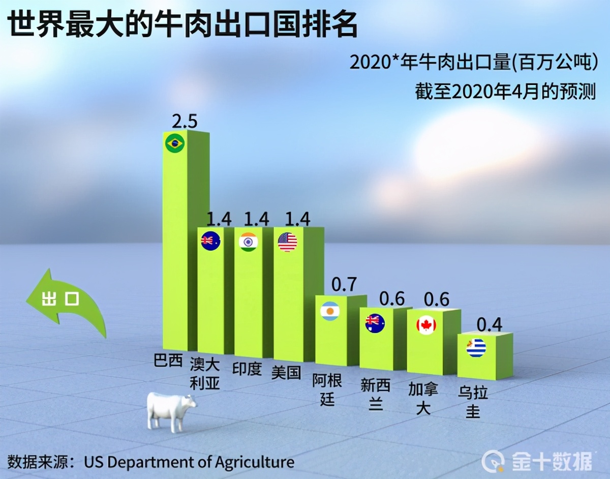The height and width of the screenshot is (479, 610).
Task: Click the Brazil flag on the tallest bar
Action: tap(175, 143)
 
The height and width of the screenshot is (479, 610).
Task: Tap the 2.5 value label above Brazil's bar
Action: tap(184, 122)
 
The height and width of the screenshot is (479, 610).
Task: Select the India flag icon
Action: tap(249, 241)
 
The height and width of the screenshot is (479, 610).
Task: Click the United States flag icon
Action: tap(287, 242)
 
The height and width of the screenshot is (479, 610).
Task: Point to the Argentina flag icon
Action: tap(329, 310)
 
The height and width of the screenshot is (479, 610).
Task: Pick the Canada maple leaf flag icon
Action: tap(426, 324)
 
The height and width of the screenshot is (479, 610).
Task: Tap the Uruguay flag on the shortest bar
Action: tap(476, 347)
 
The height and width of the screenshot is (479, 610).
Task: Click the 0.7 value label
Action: tap(344, 285)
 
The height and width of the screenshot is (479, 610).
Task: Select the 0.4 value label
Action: tap(489, 324)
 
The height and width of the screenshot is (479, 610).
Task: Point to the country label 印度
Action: tap(247, 368)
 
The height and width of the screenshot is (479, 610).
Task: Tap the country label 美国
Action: tap(286, 372)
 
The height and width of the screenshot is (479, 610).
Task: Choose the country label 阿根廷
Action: tap(327, 389)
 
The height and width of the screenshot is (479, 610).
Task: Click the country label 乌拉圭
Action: tap(473, 401)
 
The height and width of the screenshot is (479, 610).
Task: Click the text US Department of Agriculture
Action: tap(189, 462)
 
